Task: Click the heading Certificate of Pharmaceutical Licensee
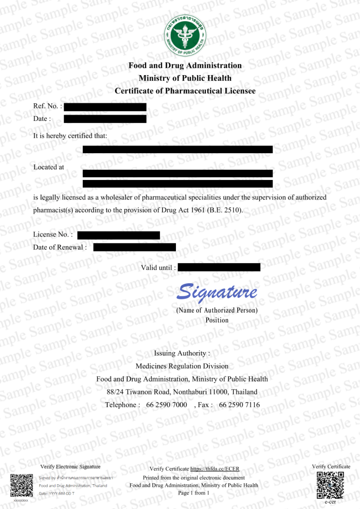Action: pyautogui.click(x=185, y=91)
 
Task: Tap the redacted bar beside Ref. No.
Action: pyautogui.click(x=105, y=107)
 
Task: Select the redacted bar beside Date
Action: pyautogui.click(x=105, y=119)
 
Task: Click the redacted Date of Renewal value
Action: pyautogui.click(x=134, y=247)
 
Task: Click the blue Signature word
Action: pyautogui.click(x=217, y=293)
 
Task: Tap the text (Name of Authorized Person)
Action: pyautogui.click(x=217, y=311)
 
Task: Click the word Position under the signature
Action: pyautogui.click(x=217, y=320)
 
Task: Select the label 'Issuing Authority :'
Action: pyautogui.click(x=182, y=354)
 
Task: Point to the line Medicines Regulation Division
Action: pyautogui.click(x=182, y=366)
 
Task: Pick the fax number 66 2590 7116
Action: pyautogui.click(x=239, y=405)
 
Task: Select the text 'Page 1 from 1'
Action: pyautogui.click(x=194, y=493)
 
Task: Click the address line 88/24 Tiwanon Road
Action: pyautogui.click(x=182, y=392)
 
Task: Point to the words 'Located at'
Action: pyautogui.click(x=49, y=167)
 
